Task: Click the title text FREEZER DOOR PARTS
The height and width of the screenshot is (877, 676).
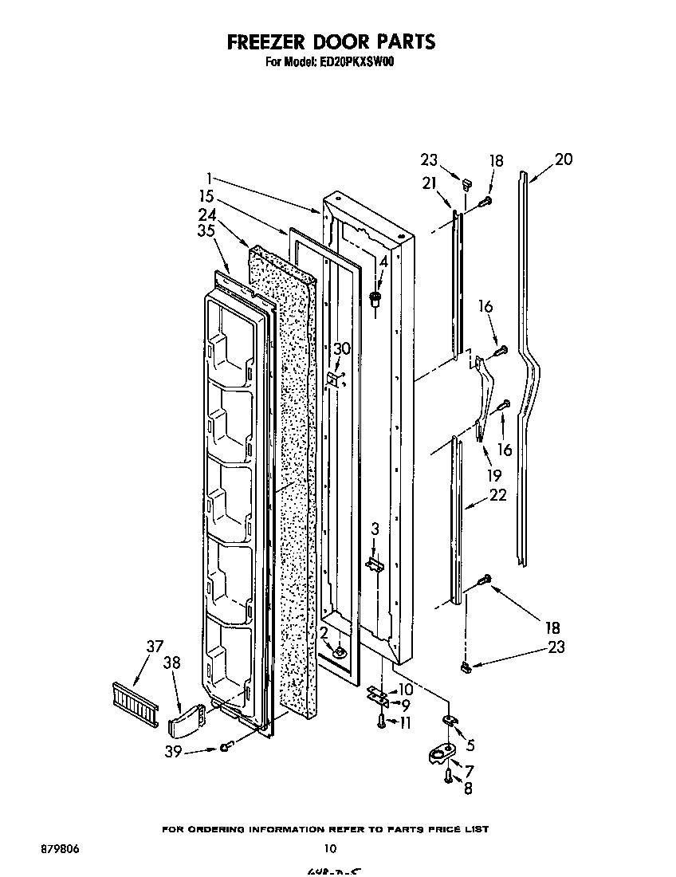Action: point(331,41)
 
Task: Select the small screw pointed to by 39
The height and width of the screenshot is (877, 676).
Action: point(227,746)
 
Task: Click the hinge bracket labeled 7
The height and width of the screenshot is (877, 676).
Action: point(439,753)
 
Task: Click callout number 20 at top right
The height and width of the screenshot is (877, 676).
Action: point(563,159)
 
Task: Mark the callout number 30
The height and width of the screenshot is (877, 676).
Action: point(341,348)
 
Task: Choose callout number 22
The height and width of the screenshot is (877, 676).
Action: point(497,496)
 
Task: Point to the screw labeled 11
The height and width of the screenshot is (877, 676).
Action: point(382,722)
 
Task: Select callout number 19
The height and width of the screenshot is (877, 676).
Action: point(494,475)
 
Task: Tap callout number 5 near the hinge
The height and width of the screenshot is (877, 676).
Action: point(470,745)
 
